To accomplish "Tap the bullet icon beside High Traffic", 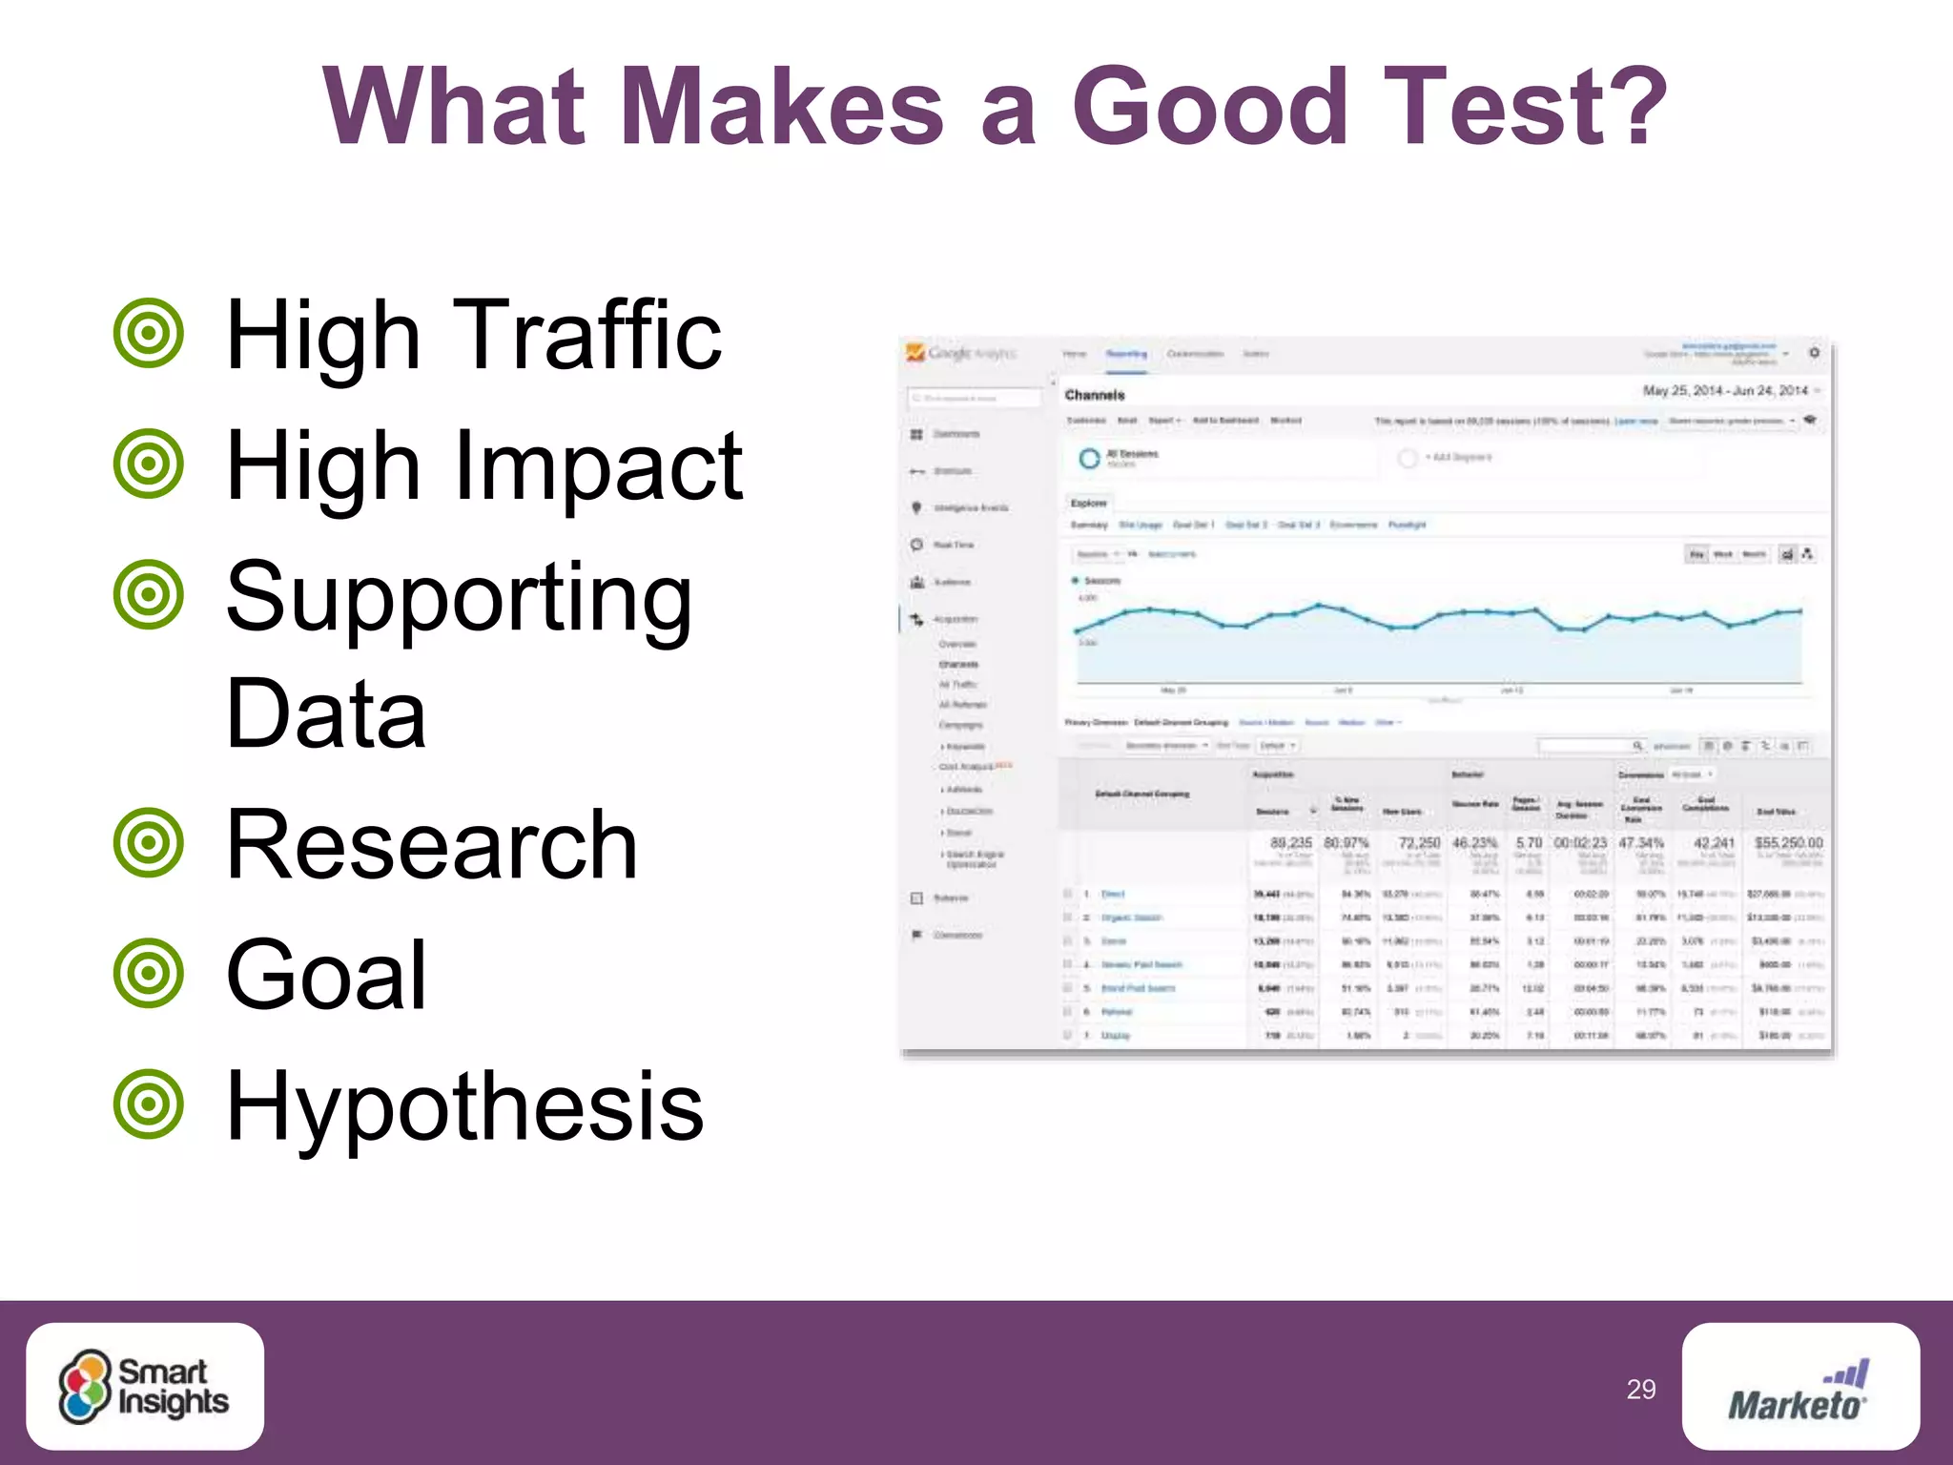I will point(148,334).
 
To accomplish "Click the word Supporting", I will point(459,597).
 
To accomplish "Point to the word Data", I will point(325,713).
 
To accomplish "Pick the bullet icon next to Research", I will point(148,843).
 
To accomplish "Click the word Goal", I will point(325,975).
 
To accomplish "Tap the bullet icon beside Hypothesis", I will point(148,1105).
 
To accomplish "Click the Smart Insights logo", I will point(145,1386).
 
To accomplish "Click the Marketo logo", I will point(1799,1388).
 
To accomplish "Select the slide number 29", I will point(1640,1390).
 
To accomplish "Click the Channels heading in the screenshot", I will point(1094,395).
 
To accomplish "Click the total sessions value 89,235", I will point(1290,843).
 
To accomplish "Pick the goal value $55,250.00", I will point(1788,843).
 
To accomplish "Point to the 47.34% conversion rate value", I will point(1640,843).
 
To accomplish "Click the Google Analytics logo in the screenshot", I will point(960,354).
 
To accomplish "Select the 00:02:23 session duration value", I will point(1580,843).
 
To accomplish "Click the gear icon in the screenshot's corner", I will point(1814,353).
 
